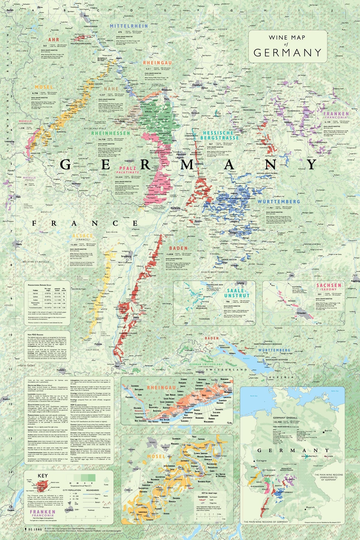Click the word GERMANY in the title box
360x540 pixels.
point(287,52)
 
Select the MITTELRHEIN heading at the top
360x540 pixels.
point(129,26)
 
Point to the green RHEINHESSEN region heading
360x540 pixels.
point(111,133)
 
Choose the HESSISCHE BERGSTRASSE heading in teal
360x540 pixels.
point(221,135)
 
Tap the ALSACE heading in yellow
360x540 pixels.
point(82,236)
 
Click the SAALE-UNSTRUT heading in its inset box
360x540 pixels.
point(236,293)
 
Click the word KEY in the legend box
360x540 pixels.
point(43,476)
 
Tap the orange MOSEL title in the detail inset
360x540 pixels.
point(156,456)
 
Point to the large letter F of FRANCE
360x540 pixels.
point(34,223)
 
